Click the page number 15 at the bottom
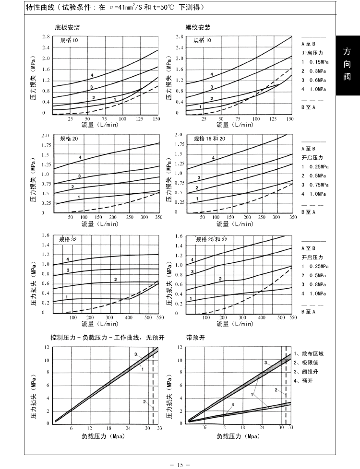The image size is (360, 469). pyautogui.click(x=180, y=464)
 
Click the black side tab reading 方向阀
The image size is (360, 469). pyautogui.click(x=347, y=64)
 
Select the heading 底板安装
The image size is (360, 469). pyautogui.click(x=67, y=27)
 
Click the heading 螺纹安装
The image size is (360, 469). pyautogui.click(x=198, y=27)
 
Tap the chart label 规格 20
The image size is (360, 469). pyautogui.click(x=69, y=139)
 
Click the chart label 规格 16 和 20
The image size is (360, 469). pyautogui.click(x=209, y=139)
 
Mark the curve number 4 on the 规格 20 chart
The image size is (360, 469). pyautogui.click(x=80, y=158)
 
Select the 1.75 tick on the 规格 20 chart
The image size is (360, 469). pyautogui.click(x=45, y=145)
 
